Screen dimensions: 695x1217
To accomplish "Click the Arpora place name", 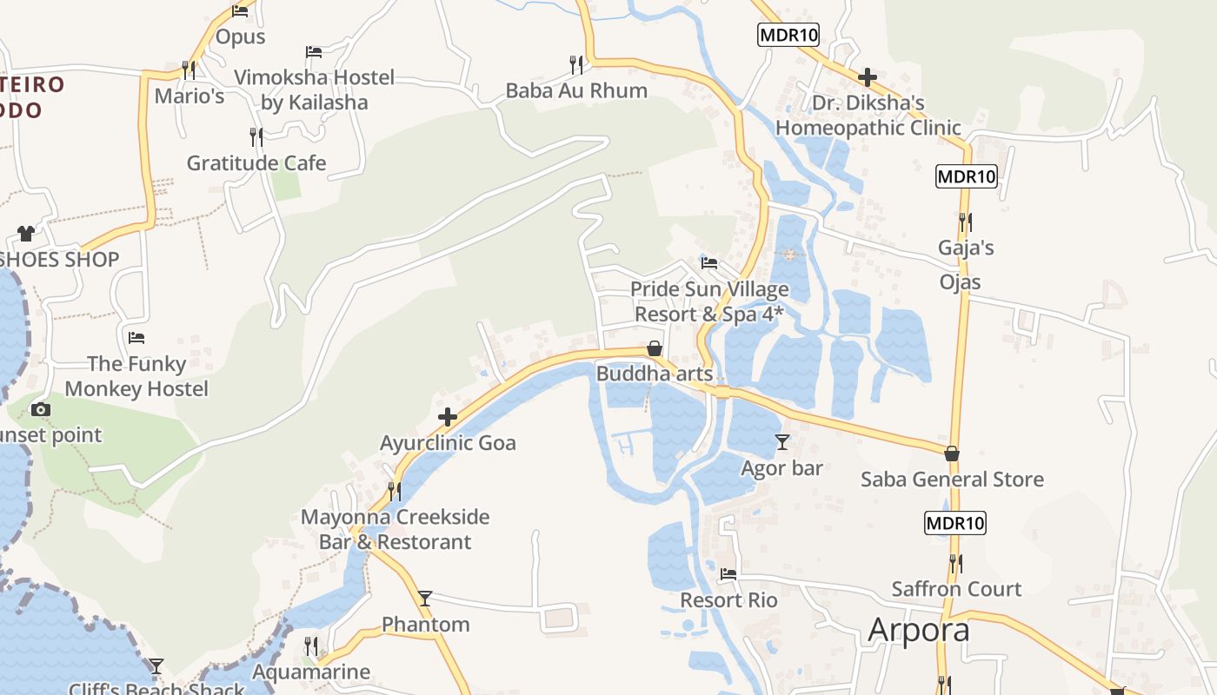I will [x=918, y=630].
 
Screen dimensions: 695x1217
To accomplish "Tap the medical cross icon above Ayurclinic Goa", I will [x=448, y=418].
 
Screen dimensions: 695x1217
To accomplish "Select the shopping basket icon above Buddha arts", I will [x=655, y=348].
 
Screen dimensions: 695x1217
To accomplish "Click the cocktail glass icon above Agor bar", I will [x=782, y=442].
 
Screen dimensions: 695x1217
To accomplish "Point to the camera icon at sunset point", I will [x=40, y=409].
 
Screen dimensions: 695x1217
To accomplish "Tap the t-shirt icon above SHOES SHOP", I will [x=25, y=233].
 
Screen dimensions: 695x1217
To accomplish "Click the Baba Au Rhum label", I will [x=576, y=90].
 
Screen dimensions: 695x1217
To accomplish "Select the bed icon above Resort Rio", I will [x=728, y=574].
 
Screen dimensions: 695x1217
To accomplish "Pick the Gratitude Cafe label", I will [x=256, y=163].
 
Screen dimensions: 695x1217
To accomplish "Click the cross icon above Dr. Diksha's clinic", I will [x=867, y=77].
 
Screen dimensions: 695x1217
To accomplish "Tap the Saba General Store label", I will [x=952, y=480].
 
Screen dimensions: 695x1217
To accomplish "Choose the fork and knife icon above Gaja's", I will [x=965, y=222].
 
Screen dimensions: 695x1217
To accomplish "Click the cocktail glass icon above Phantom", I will [x=425, y=599].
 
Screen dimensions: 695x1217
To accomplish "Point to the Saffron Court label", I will [x=956, y=589].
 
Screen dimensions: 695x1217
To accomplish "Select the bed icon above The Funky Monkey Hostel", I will [x=136, y=337].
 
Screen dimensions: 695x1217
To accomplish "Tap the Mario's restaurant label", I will [x=190, y=96].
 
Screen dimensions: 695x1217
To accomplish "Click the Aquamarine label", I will [x=311, y=672].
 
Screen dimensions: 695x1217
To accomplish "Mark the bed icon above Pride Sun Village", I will [x=709, y=262].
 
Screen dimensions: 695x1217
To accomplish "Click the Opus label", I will [x=240, y=36].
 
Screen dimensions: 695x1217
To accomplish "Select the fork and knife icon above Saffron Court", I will [x=956, y=563].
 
